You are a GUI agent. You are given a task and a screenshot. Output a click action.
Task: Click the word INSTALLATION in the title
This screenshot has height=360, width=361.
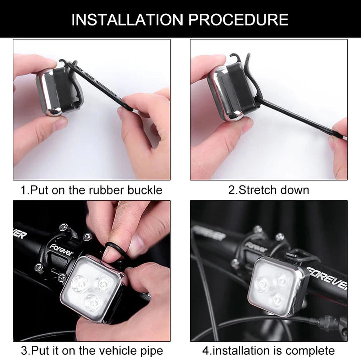pyautogui.click(x=127, y=20)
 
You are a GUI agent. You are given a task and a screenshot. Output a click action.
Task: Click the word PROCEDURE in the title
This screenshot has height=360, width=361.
pyautogui.click(x=238, y=20)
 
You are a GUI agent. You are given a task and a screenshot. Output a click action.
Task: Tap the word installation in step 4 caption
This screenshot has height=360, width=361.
pyautogui.click(x=244, y=351)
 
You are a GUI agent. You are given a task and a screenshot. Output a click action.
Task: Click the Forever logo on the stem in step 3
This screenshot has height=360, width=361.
pyautogui.click(x=61, y=250)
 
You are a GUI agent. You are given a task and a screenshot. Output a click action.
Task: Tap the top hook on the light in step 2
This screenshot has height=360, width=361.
pyautogui.click(x=235, y=57)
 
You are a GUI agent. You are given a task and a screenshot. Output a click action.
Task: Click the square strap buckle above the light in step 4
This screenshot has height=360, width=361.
pyautogui.click(x=296, y=255)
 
